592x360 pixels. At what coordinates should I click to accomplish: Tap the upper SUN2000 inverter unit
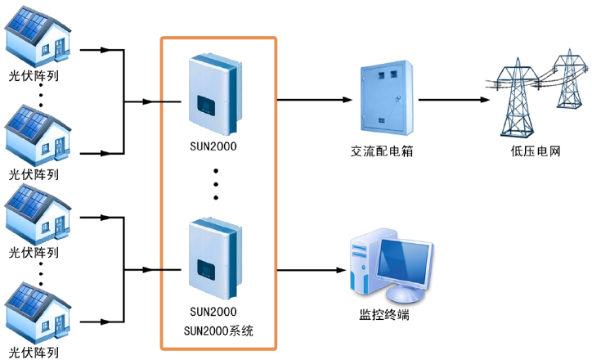click(215, 95)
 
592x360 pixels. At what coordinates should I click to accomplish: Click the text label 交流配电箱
click(379, 152)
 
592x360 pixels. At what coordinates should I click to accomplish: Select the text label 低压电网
click(535, 152)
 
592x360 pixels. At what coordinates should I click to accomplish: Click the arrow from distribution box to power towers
click(455, 101)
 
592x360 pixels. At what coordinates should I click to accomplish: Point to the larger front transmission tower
click(520, 98)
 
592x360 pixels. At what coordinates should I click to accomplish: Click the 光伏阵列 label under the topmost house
click(34, 79)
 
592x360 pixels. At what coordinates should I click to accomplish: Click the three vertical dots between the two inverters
click(216, 184)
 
